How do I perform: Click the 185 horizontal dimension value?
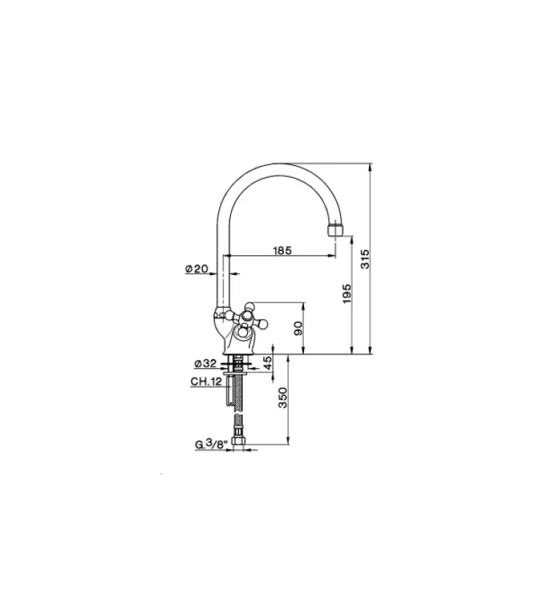tap(282, 250)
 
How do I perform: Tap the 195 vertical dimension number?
tap(347, 293)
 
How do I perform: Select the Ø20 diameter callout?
tap(196, 270)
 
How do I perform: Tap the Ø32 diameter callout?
tap(204, 364)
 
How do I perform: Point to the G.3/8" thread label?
tap(208, 444)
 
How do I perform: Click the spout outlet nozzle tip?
tap(336, 230)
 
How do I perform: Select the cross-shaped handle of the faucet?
tap(246, 318)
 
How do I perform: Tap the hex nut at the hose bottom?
tap(238, 443)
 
